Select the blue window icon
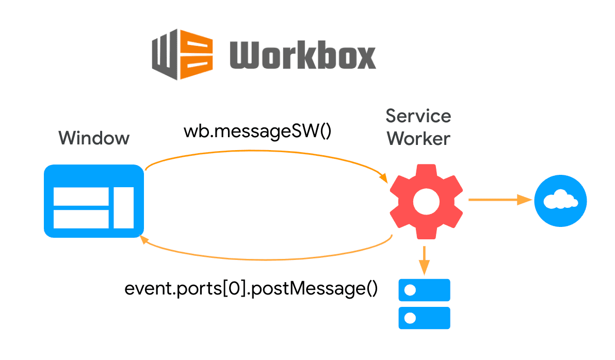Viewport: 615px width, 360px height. click(93, 201)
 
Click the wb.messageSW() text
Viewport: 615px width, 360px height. click(257, 131)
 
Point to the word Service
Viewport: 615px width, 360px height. click(418, 116)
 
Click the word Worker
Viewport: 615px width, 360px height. click(418, 138)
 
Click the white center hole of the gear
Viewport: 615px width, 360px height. click(426, 202)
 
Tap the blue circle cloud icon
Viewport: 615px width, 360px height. click(560, 200)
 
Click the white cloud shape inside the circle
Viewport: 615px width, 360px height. click(560, 200)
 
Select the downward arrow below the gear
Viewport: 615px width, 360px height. click(424, 260)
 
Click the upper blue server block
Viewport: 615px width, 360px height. click(424, 290)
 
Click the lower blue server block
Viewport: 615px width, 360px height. click(424, 318)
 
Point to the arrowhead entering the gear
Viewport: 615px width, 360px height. click(383, 177)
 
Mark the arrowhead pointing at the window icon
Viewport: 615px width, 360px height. click(147, 240)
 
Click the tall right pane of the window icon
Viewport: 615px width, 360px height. click(123, 208)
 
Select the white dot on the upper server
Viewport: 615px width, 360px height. click(411, 290)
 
